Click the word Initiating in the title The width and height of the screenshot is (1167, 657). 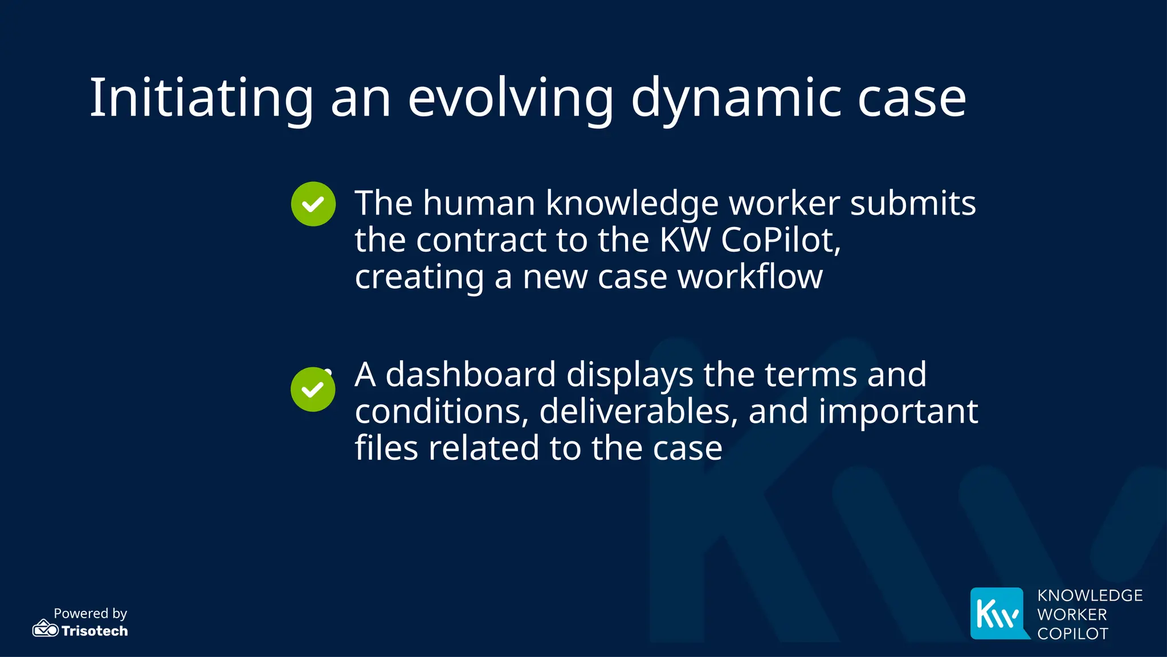tap(201, 98)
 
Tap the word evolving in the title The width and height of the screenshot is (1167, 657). tap(511, 98)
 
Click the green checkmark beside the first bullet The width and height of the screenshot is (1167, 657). tap(313, 204)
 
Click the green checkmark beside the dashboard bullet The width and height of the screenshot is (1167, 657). tap(313, 390)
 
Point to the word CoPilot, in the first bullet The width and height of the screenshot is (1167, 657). tap(781, 240)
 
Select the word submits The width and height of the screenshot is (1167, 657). tap(913, 203)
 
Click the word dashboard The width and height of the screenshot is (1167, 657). tap(471, 375)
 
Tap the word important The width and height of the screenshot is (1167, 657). tap(898, 411)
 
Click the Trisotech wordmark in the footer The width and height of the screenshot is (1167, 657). tap(95, 631)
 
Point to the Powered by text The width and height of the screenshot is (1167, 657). tap(90, 613)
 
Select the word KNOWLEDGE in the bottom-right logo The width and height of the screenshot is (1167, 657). tap(1090, 595)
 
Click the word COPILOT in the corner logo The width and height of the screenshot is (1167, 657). tap(1072, 634)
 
